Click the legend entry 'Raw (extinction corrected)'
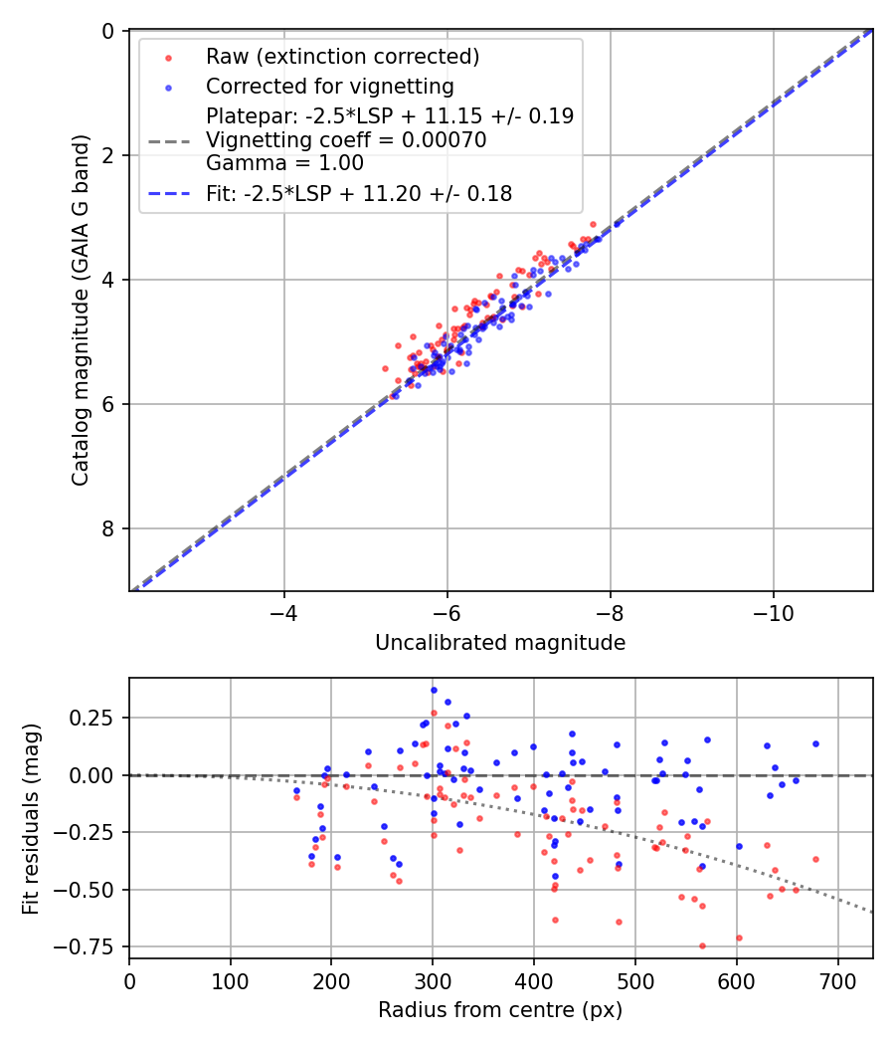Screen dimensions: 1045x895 pyautogui.click(x=342, y=57)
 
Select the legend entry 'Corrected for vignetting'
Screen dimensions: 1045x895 pyautogui.click(x=329, y=87)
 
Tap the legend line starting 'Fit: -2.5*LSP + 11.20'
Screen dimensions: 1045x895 pyautogui.click(x=359, y=194)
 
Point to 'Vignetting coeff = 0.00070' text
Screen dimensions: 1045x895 pyautogui.click(x=346, y=140)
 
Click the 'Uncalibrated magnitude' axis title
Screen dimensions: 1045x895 pyautogui.click(x=500, y=643)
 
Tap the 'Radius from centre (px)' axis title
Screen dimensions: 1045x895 pyautogui.click(x=500, y=1010)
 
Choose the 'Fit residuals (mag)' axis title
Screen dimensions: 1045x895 pyautogui.click(x=32, y=818)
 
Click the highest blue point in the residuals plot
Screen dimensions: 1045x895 pyautogui.click(x=434, y=690)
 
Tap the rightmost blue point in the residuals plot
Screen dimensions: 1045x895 pyautogui.click(x=815, y=743)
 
